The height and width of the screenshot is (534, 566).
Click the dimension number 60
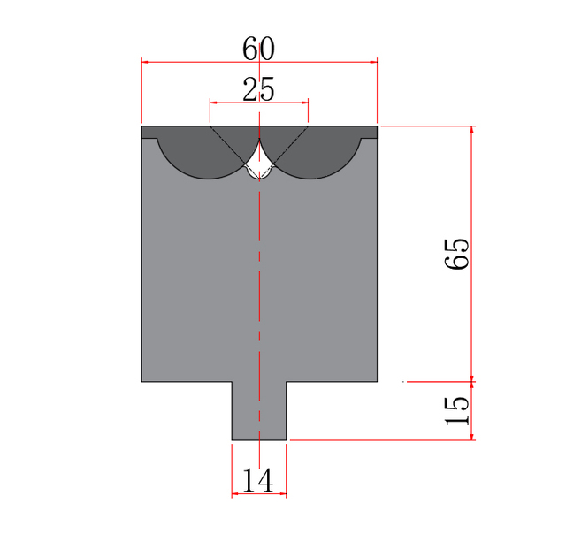point(258,49)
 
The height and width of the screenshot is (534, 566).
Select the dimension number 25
point(258,88)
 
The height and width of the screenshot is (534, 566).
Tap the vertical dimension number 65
point(457,254)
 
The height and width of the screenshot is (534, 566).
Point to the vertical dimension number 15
point(457,410)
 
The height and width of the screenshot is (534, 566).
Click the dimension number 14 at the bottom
point(258,480)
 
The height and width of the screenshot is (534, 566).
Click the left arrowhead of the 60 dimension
point(145,62)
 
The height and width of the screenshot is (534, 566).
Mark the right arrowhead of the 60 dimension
point(373,62)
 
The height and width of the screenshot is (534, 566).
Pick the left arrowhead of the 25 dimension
point(214,103)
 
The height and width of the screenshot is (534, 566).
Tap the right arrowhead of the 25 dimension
point(304,103)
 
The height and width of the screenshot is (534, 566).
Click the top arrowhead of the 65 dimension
point(471,130)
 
